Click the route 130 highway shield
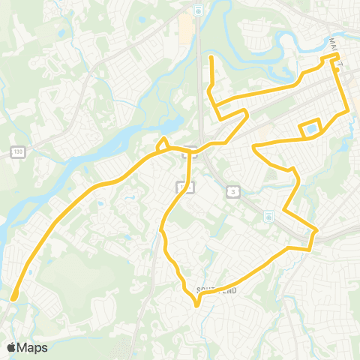click(x=16, y=152)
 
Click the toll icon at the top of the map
click(x=197, y=10)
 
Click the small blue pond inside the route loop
click(x=309, y=130)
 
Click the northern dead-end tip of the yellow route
click(x=211, y=57)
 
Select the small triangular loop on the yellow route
click(x=162, y=144)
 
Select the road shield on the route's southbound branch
click(x=184, y=187)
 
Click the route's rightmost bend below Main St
click(x=348, y=111)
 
